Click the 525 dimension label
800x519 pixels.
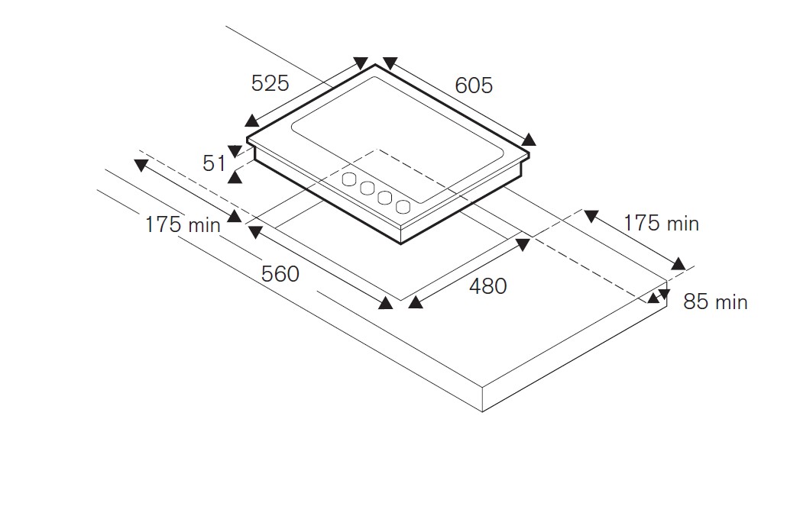[x=270, y=82]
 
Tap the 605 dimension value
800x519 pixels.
[x=474, y=85]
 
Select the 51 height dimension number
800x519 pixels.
[x=214, y=163]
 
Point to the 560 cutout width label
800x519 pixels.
[x=280, y=274]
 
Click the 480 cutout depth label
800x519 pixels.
[x=487, y=286]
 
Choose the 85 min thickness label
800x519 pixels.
[x=715, y=301]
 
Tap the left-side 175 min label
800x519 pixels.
[x=183, y=224]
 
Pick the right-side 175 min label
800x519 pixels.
[x=661, y=223]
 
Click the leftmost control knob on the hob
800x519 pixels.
[x=349, y=179]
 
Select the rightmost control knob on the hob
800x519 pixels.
[x=403, y=207]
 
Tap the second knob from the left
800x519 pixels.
[x=368, y=188]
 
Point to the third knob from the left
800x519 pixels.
[x=385, y=198]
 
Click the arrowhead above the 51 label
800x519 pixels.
[x=235, y=151]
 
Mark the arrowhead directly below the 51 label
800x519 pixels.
[x=235, y=176]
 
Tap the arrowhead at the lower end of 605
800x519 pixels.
[x=529, y=139]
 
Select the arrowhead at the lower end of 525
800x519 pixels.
[x=252, y=121]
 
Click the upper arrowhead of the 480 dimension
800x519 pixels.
[x=523, y=244]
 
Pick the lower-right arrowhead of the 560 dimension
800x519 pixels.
[x=386, y=303]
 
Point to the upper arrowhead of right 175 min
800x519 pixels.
[x=591, y=216]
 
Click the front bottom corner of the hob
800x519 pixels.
[x=402, y=243]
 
